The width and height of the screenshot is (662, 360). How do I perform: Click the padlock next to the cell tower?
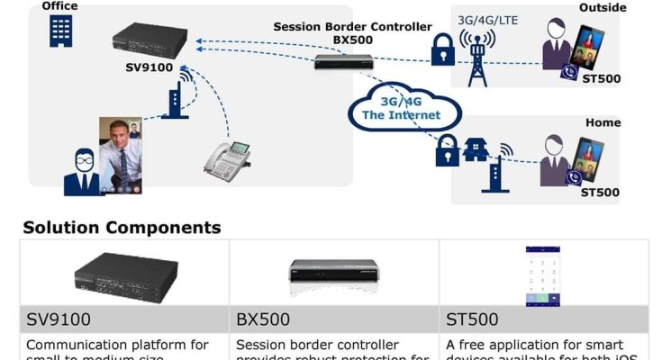click(442, 52)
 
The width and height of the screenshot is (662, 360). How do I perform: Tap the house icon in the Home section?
click(476, 150)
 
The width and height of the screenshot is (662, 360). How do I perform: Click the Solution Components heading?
click(122, 228)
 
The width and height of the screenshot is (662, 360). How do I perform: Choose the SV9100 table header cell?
click(124, 319)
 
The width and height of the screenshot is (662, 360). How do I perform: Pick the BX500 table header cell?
click(334, 319)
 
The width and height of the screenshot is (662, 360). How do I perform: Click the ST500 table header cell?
click(544, 319)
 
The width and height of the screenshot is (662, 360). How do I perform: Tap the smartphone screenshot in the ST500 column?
click(542, 276)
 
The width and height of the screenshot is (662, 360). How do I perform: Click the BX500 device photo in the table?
click(332, 276)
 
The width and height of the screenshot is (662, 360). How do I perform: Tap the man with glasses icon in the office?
click(83, 171)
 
